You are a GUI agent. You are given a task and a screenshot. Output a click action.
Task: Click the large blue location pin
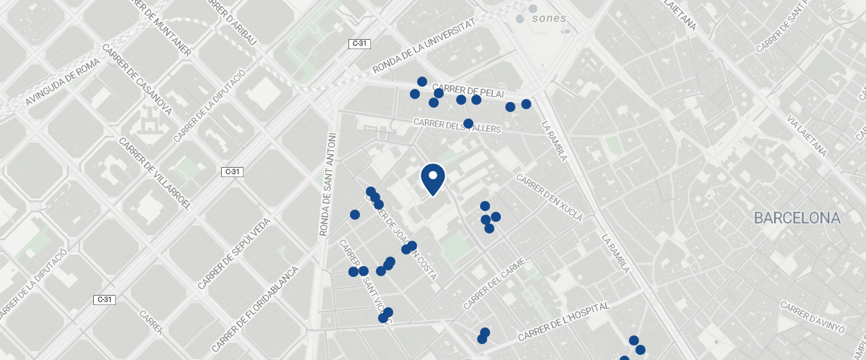click(432, 179)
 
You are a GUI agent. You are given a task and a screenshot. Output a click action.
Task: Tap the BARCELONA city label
click(797, 218)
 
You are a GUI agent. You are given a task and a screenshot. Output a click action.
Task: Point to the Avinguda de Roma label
click(62, 82)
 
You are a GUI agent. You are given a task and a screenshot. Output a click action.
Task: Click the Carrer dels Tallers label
click(458, 125)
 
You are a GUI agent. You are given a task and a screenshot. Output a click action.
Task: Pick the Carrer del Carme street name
click(494, 281)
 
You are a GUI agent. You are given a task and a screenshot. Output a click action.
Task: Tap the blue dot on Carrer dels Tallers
click(468, 124)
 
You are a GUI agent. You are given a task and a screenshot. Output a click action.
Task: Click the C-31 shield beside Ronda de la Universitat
click(359, 44)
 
